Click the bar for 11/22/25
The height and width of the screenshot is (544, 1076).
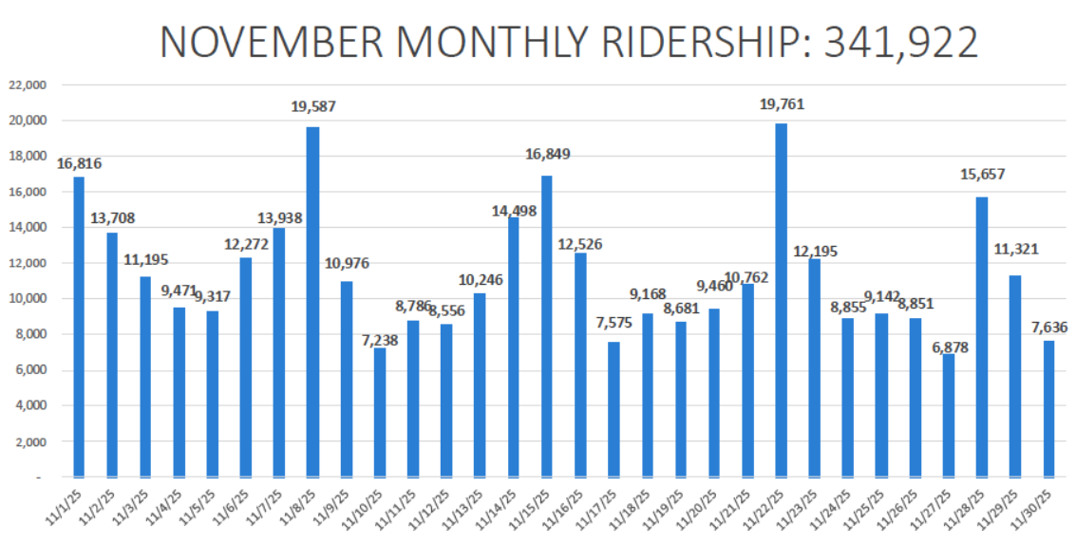(781, 299)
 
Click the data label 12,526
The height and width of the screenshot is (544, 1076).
(579, 244)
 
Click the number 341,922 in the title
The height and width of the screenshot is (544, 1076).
(901, 43)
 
